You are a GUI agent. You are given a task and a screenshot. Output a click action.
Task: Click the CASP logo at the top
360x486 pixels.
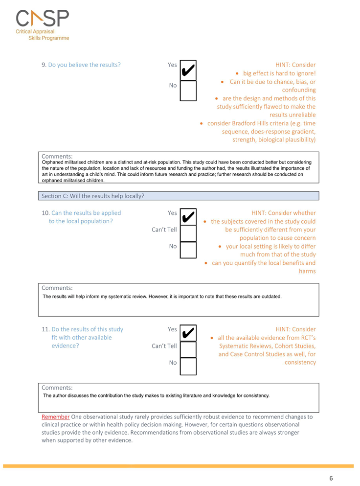tap(43, 24)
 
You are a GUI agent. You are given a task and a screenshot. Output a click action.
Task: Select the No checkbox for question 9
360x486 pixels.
tap(188, 91)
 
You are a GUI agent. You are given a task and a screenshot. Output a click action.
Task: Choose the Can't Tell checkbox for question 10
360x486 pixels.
tap(188, 233)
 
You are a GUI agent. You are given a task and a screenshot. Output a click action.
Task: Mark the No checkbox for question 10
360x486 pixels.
tap(188, 250)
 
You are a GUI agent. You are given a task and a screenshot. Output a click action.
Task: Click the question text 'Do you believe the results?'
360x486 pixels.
tap(86, 65)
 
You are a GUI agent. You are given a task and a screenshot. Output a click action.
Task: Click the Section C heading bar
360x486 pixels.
tap(178, 196)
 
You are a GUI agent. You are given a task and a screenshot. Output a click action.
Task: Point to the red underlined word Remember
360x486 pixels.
tap(55, 417)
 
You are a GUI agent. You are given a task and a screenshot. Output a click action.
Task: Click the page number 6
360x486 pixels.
tap(331, 478)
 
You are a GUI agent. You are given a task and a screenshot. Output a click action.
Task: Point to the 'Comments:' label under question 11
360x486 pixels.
tap(57, 388)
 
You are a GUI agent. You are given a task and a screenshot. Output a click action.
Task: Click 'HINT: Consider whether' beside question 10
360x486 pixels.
tap(283, 213)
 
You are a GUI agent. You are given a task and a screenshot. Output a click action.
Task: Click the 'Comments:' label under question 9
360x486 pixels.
tap(57, 157)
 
